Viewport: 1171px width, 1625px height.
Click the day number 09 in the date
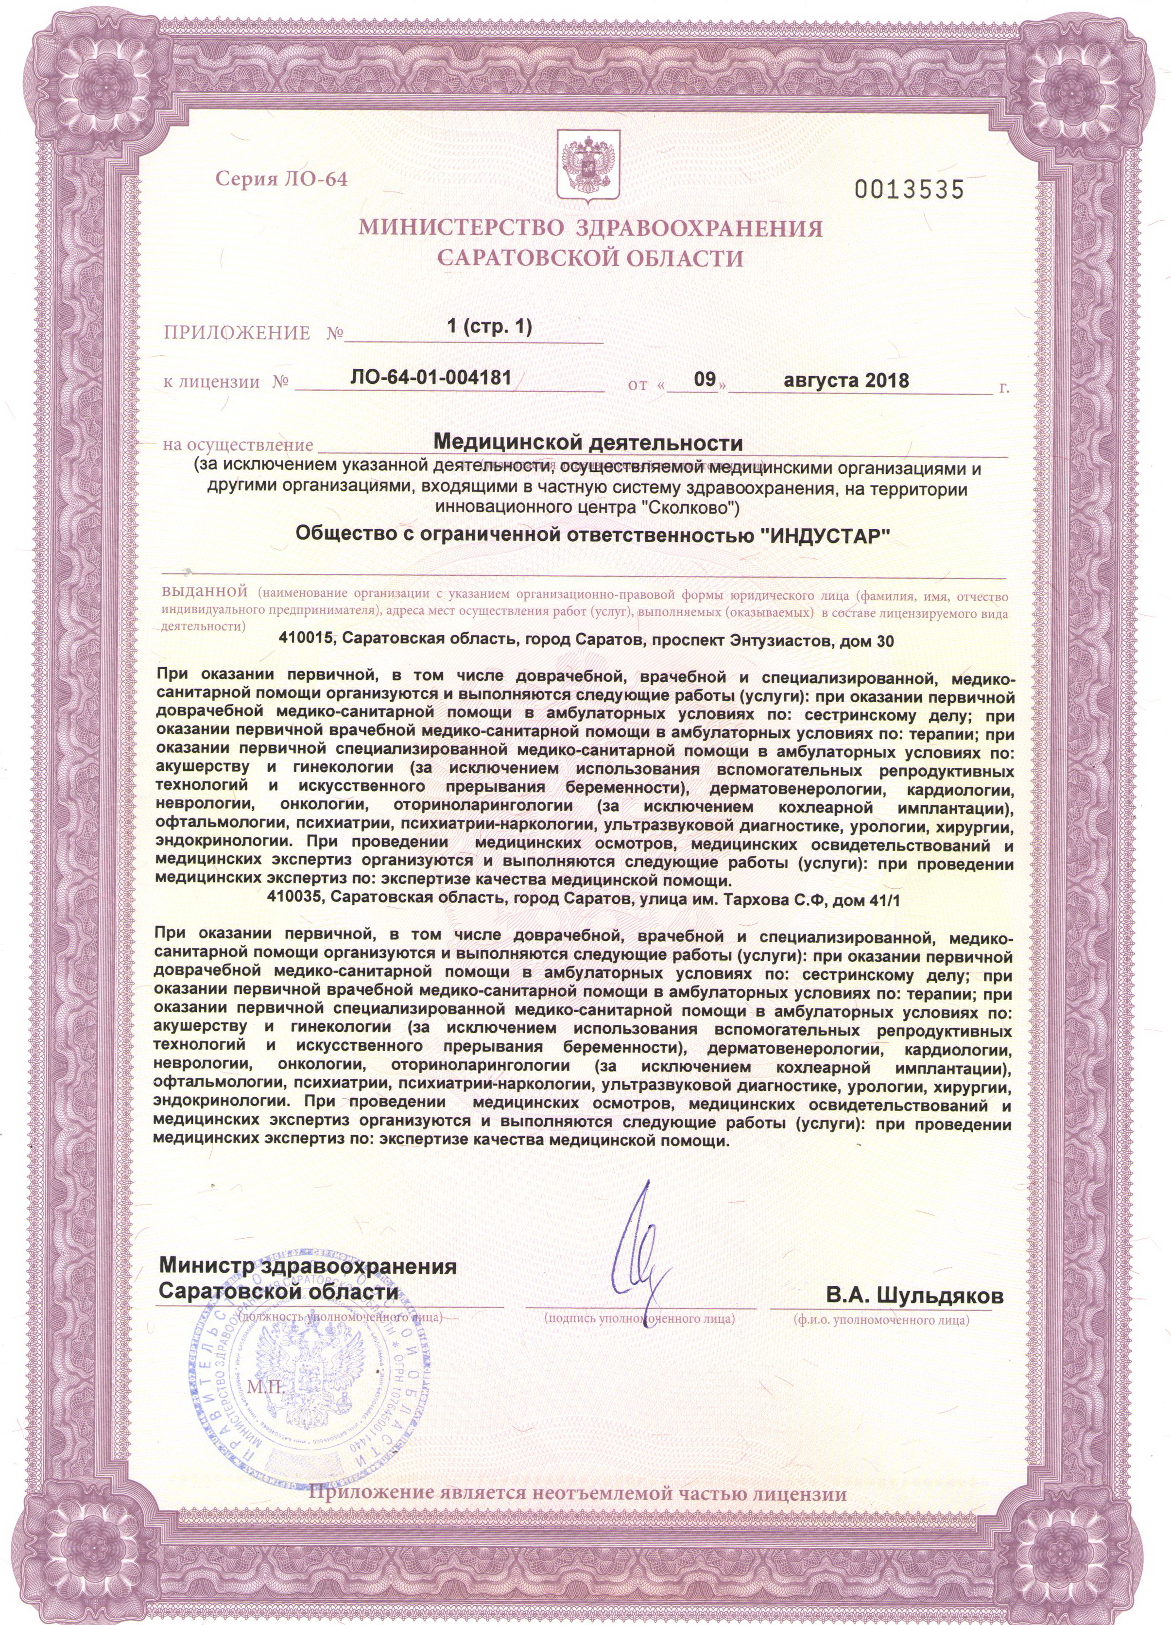706,379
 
